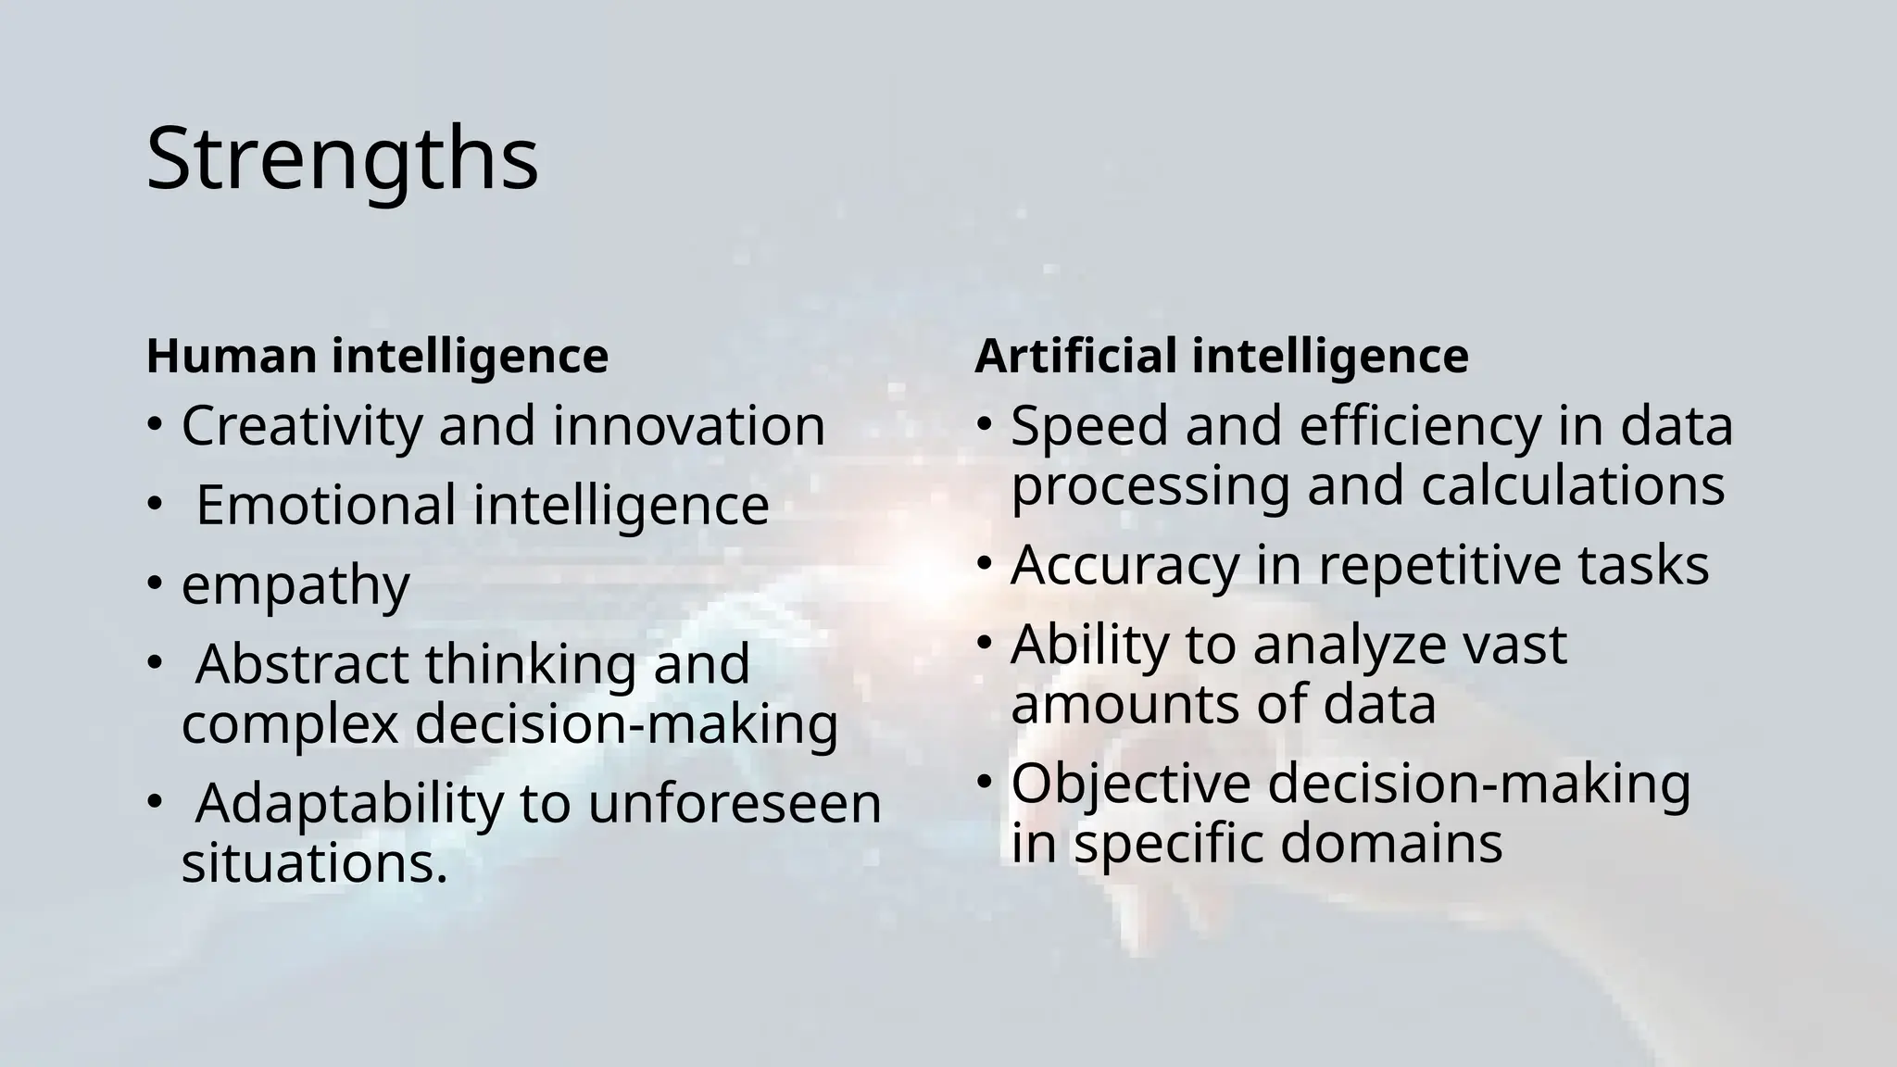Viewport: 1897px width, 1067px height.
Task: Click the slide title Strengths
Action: pos(342,159)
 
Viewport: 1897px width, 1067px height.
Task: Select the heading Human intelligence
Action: pos(377,357)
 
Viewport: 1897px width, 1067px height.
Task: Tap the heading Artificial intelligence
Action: pos(1221,357)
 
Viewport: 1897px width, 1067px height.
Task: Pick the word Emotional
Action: pos(325,506)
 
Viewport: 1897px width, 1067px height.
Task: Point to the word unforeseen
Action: pos(735,803)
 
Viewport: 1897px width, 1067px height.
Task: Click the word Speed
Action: pos(1089,427)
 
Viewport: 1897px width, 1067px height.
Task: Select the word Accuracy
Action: pos(1124,566)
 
